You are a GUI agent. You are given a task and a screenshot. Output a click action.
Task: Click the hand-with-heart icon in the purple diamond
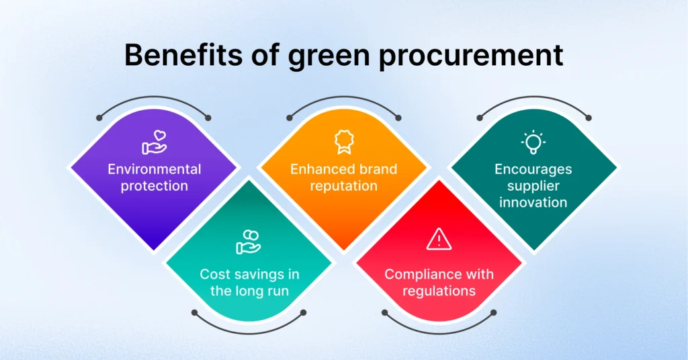(154, 143)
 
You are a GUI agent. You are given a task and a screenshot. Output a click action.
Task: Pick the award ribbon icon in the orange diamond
(343, 142)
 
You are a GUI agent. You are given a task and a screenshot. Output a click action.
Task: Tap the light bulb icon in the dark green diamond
(533, 142)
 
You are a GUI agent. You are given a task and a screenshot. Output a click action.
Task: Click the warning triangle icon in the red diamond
(439, 238)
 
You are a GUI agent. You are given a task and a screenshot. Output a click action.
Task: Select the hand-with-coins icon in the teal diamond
(249, 241)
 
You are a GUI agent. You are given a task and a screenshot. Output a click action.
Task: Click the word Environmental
(155, 169)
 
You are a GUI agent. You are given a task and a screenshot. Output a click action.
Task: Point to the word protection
(155, 185)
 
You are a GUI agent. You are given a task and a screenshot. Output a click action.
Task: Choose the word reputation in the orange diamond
(343, 185)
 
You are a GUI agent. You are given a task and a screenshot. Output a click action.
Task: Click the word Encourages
(533, 169)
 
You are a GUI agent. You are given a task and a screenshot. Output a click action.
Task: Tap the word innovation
(533, 202)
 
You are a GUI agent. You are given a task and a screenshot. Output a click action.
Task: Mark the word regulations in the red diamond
(439, 291)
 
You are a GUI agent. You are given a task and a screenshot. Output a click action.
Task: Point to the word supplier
(533, 185)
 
